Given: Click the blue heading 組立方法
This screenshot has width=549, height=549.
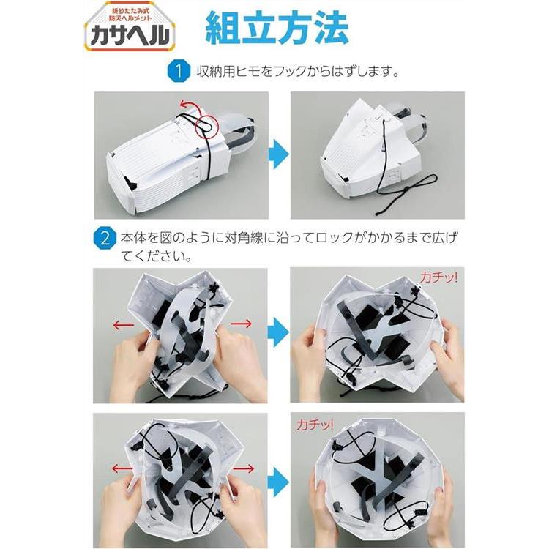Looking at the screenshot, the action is pos(277,28).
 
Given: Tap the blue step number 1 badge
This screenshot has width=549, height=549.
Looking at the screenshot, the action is pos(179,71).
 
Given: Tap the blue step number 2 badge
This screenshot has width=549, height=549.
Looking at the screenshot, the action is pos(105,239).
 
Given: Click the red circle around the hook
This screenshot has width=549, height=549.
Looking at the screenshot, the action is pos(206,125).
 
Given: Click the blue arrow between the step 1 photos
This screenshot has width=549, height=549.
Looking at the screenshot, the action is pos(279,154).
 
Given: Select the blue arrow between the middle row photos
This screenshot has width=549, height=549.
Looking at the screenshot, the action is pos(279,332).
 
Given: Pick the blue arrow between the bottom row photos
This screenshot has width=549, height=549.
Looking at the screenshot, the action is pos(279,482).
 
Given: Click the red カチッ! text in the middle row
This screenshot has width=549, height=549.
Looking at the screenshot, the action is pos(438,277).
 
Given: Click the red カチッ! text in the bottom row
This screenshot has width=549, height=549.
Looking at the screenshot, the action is pos(315,425).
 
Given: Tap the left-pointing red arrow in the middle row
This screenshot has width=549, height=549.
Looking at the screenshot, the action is pos(124,325).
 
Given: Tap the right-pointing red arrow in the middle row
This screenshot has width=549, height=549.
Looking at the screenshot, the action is pos(242,323).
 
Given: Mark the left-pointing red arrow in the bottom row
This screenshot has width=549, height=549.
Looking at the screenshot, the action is pos(122,468).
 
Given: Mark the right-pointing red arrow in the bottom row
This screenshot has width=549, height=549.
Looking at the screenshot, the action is pos(244,468).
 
